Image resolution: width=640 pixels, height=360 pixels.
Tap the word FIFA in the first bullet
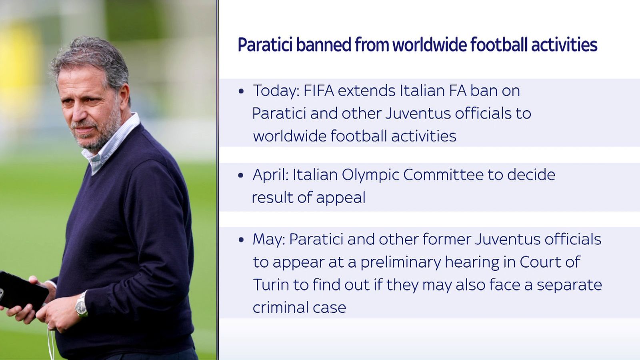click(x=318, y=91)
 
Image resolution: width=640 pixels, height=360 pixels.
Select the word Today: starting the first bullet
click(x=276, y=91)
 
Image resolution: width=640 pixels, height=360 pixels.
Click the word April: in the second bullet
click(x=270, y=175)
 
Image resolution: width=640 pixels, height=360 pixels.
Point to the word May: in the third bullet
click(x=269, y=239)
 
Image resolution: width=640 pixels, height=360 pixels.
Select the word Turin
click(x=271, y=285)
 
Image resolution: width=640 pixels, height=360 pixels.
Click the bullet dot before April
click(x=241, y=175)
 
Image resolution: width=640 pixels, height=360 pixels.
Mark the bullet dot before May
click(x=241, y=240)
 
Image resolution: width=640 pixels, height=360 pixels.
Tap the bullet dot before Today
click(x=241, y=92)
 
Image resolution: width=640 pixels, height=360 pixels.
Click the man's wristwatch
click(x=81, y=305)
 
